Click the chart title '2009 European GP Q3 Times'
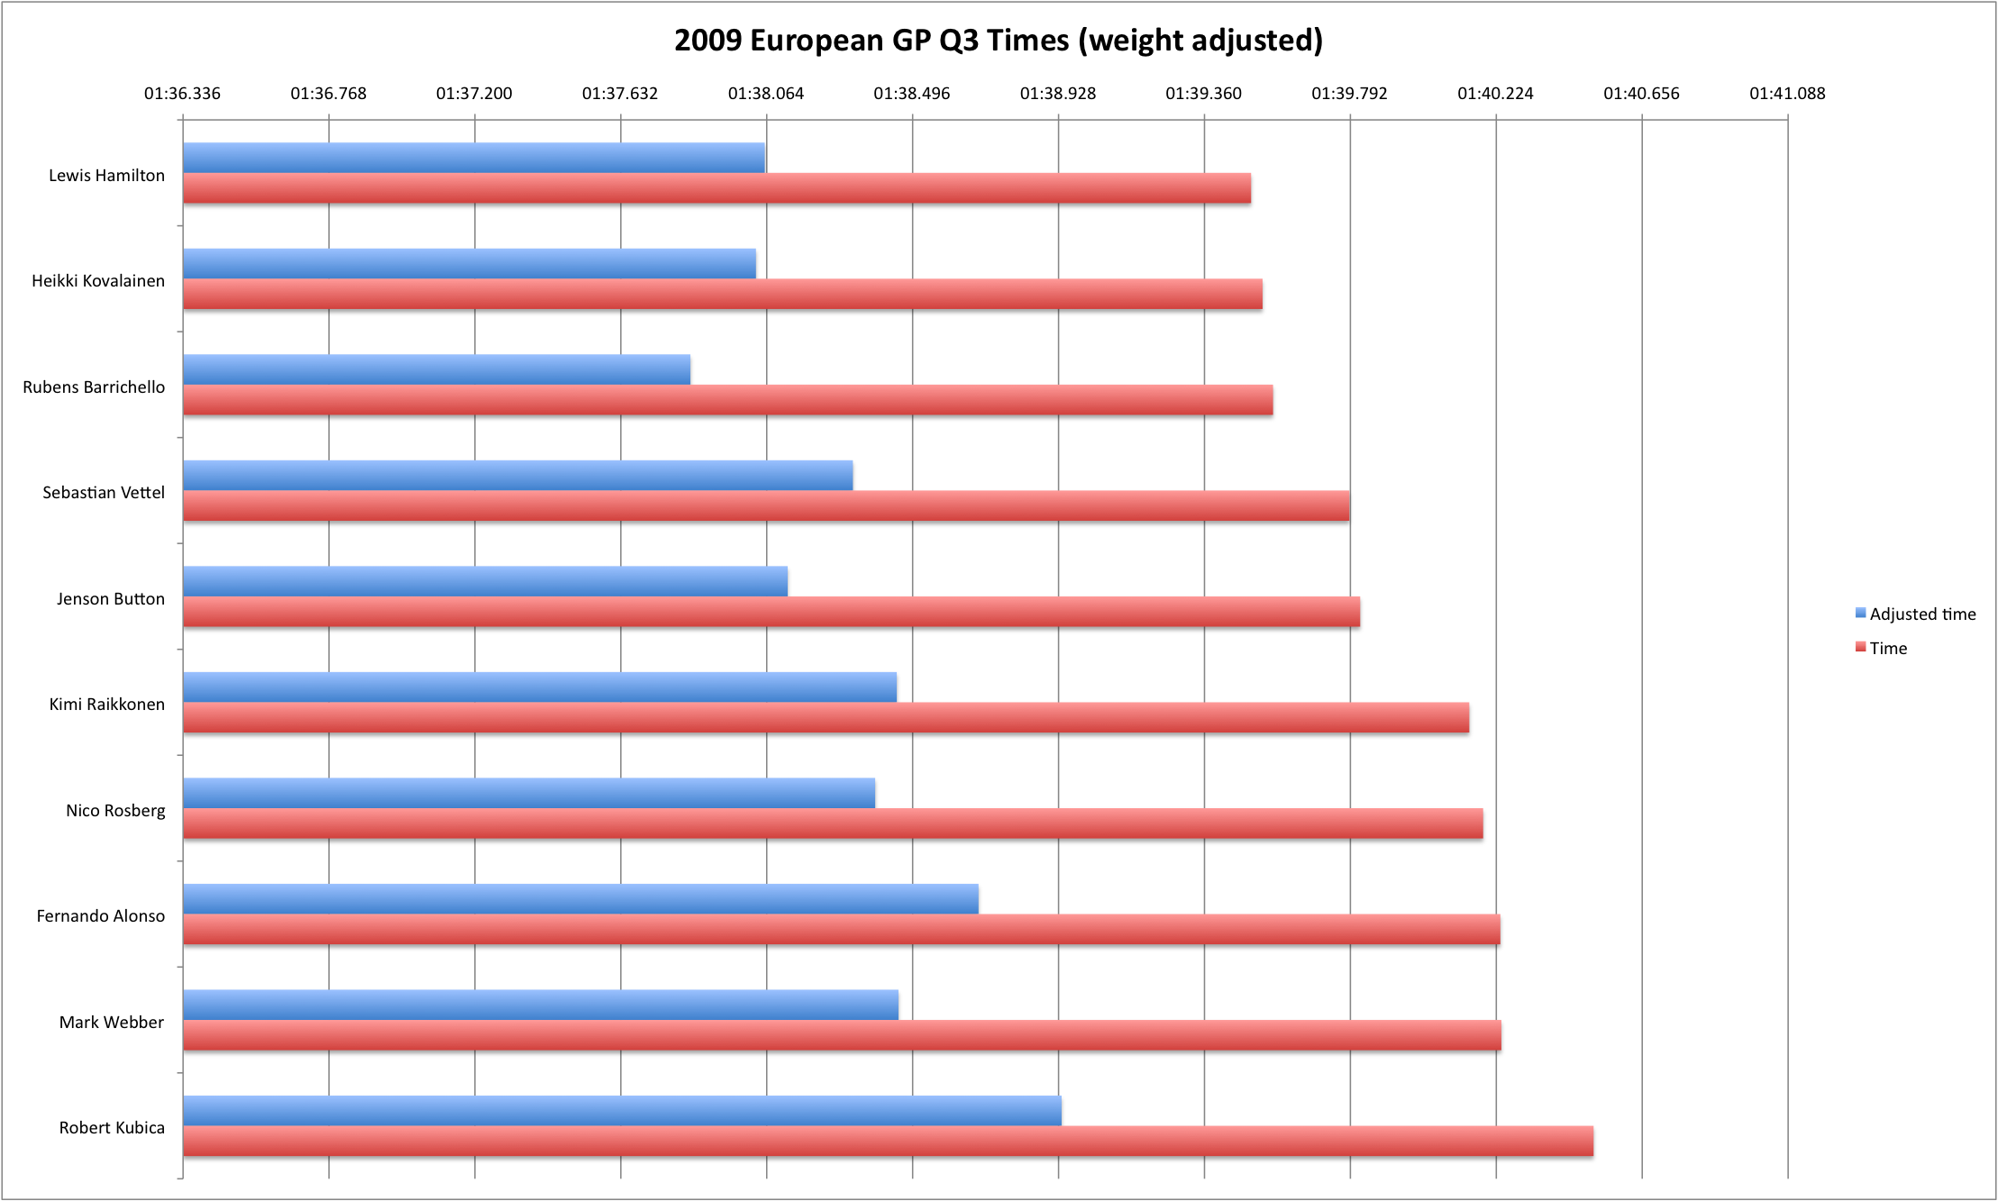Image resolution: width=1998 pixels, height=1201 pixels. click(x=998, y=41)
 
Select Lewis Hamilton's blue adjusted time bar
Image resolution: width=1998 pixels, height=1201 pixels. click(x=473, y=158)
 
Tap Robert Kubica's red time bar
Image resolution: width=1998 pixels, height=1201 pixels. click(x=888, y=1141)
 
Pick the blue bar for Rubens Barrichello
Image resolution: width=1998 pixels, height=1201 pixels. click(x=436, y=369)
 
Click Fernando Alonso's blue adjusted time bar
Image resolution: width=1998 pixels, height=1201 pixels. click(x=580, y=899)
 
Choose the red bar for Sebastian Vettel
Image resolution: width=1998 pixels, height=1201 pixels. click(x=766, y=505)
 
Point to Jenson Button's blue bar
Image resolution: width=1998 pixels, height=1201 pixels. click(x=485, y=581)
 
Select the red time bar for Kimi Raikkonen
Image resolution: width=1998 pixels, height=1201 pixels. click(x=826, y=718)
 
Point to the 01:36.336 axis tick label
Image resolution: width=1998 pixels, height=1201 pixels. click(x=182, y=94)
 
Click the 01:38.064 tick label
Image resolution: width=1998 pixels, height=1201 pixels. click(x=765, y=94)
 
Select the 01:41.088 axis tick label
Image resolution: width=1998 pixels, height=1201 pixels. click(x=1787, y=94)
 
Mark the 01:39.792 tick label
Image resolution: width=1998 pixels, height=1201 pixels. click(x=1349, y=94)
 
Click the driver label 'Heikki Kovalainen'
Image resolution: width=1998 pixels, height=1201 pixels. click(x=98, y=281)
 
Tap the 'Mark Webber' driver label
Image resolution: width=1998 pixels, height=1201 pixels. click(x=112, y=1023)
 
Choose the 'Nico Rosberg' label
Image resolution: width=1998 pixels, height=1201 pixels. click(x=115, y=811)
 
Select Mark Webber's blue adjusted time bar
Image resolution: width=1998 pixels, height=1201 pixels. click(x=541, y=1005)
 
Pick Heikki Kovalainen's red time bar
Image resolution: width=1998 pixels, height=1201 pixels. click(x=722, y=295)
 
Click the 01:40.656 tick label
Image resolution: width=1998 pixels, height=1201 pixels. click(x=1641, y=94)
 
